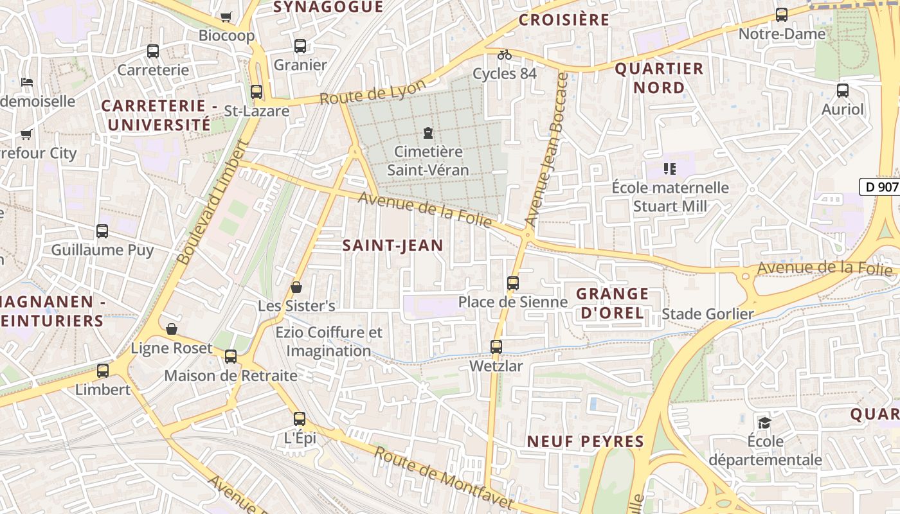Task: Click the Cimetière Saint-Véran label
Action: [428, 161]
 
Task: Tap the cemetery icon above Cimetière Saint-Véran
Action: [428, 133]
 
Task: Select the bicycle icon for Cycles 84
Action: [505, 55]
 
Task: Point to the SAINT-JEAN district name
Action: [393, 245]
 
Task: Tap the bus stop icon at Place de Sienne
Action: [512, 283]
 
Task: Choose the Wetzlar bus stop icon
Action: [496, 347]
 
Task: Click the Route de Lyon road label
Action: [373, 93]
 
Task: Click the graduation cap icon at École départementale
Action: [764, 422]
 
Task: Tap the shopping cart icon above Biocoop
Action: [226, 17]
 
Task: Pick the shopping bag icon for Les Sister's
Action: [296, 287]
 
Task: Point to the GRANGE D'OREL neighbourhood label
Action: [612, 303]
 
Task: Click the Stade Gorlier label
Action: [707, 314]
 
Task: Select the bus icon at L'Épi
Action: [300, 419]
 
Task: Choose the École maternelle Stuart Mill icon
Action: [670, 169]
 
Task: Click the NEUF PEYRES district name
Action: [585, 441]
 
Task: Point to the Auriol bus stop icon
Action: [843, 91]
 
